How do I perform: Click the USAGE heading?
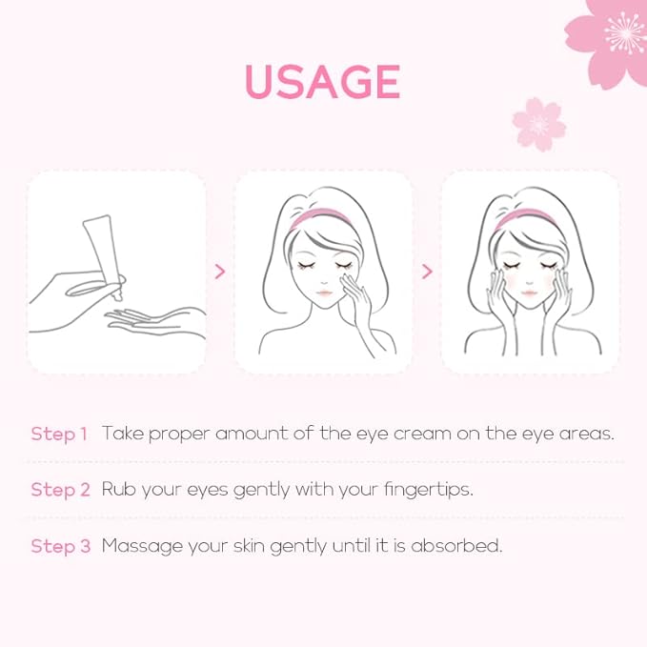[323, 82]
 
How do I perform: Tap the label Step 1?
[59, 435]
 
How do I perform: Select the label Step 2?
[60, 490]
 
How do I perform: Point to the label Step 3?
[60, 546]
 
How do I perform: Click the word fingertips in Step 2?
[428, 490]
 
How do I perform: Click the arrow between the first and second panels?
[220, 272]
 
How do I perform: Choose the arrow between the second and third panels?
[427, 272]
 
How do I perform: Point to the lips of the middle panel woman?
[325, 293]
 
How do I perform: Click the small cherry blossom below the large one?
[538, 124]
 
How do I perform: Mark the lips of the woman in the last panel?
[530, 293]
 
